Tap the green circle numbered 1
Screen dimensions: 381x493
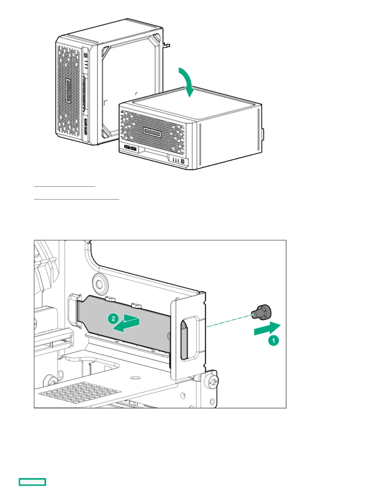point(274,340)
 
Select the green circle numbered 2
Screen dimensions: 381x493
point(113,318)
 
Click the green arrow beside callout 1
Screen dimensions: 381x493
point(267,329)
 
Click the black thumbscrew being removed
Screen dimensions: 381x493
point(262,312)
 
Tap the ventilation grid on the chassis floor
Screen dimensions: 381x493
point(81,393)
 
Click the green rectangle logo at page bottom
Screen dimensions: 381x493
point(32,482)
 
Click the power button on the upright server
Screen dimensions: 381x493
point(86,55)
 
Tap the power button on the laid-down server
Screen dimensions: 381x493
point(182,161)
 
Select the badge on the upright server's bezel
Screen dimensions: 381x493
point(68,91)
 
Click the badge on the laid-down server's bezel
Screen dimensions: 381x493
point(152,133)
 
